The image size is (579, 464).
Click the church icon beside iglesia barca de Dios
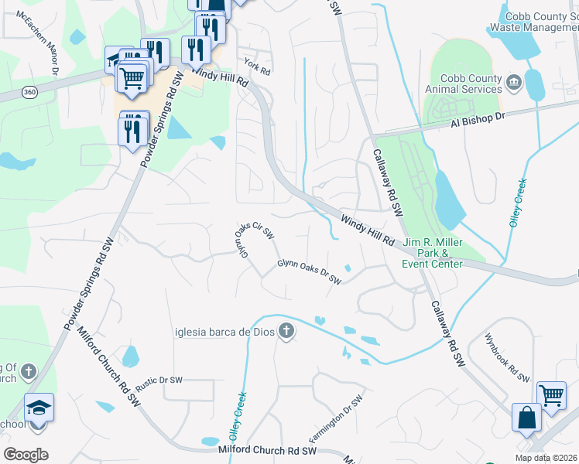tap(286, 332)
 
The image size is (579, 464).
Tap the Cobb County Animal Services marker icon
tap(513, 82)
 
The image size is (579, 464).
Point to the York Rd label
tap(256, 67)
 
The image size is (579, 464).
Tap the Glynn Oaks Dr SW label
tap(310, 271)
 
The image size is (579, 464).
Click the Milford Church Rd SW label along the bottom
tap(269, 450)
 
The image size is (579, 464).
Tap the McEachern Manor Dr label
tap(46, 53)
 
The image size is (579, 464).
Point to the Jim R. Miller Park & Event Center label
tap(432, 253)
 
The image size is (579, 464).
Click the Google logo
tap(26, 454)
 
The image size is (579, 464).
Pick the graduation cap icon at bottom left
tap(39, 406)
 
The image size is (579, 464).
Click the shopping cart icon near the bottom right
tap(551, 394)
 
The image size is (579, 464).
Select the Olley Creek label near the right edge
tap(517, 202)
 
